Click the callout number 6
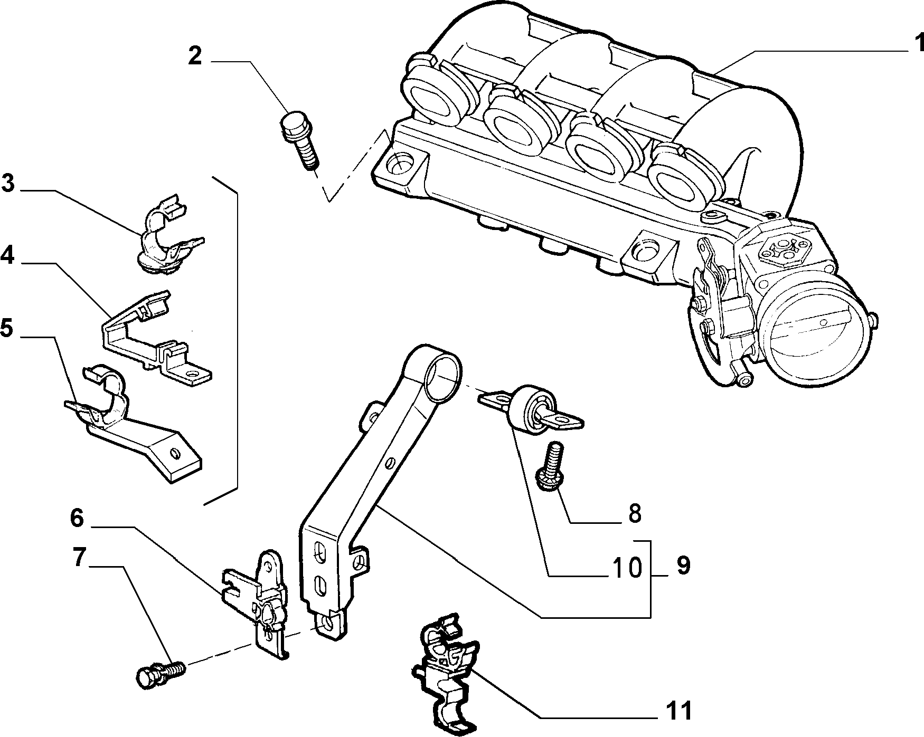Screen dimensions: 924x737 point(77,519)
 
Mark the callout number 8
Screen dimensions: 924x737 point(634,513)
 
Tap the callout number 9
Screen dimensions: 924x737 point(683,566)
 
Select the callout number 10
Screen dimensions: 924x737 point(627,567)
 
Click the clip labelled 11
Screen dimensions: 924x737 point(445,674)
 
